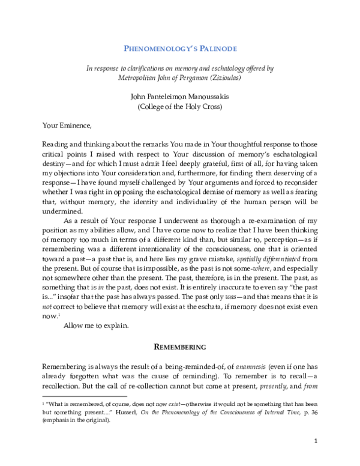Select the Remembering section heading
179,346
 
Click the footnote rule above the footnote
84,396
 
